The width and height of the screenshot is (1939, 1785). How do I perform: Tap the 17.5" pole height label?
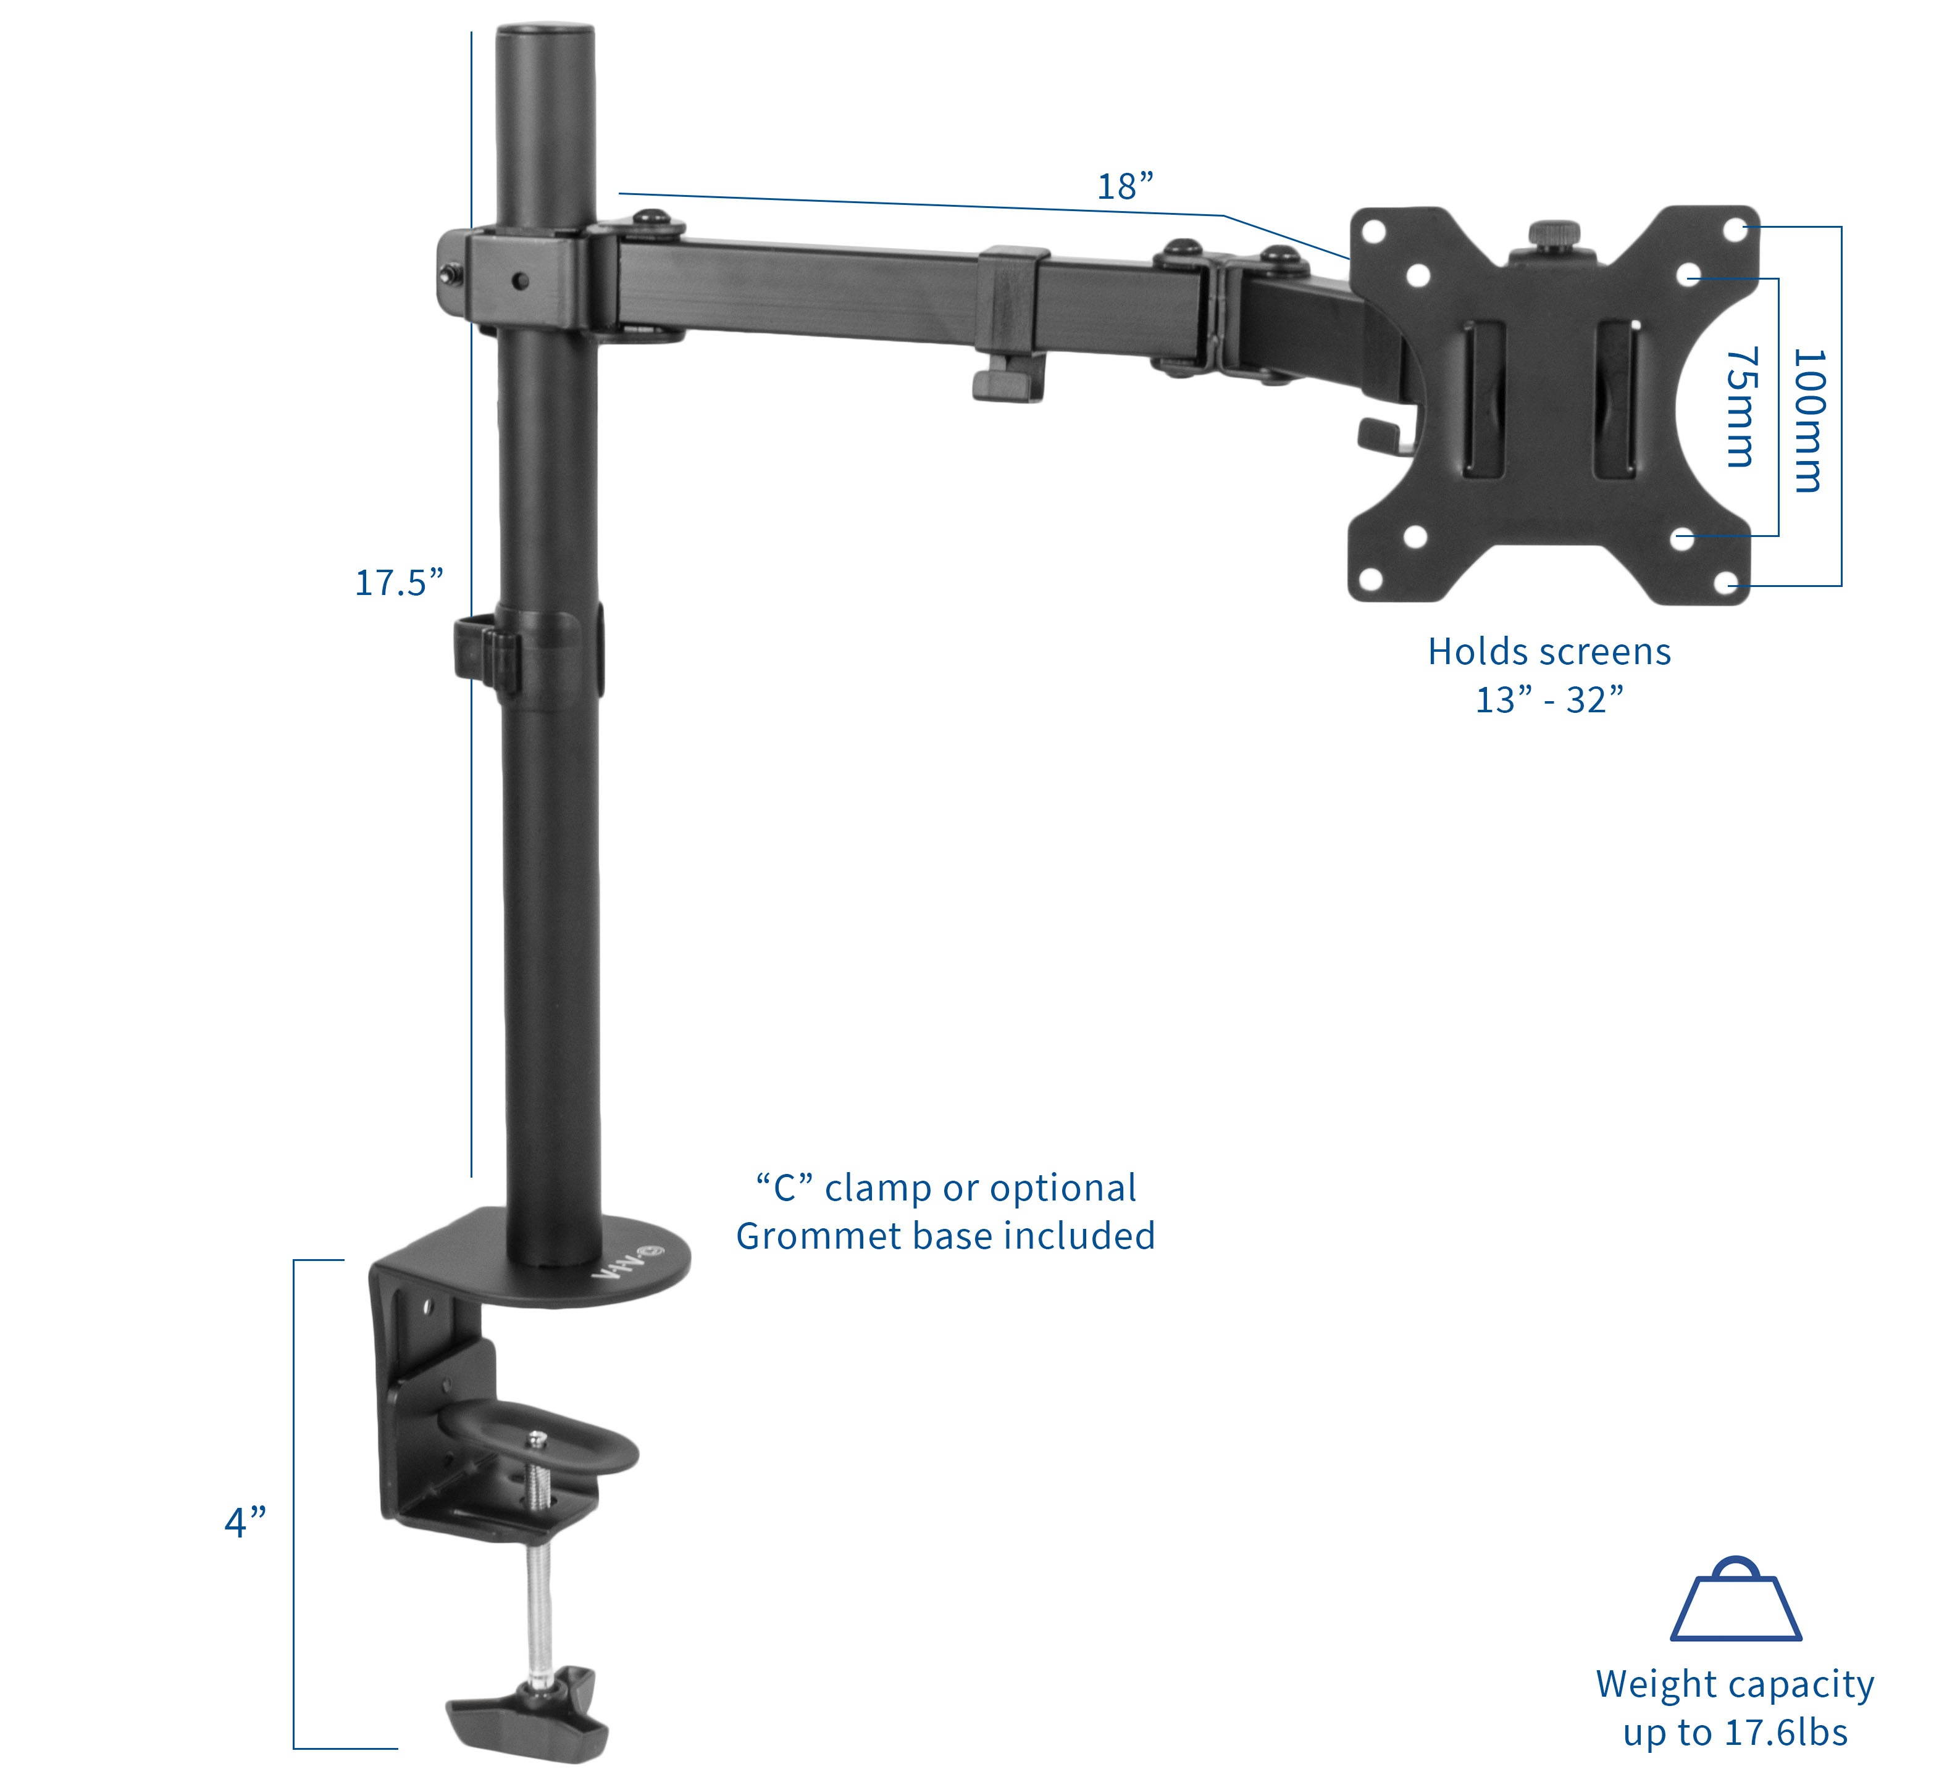pos(399,583)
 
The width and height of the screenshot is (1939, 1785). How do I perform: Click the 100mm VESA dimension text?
pos(1807,420)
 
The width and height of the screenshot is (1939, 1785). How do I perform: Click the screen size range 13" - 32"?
pos(1549,701)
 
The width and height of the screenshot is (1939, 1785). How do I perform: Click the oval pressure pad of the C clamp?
pos(541,1441)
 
